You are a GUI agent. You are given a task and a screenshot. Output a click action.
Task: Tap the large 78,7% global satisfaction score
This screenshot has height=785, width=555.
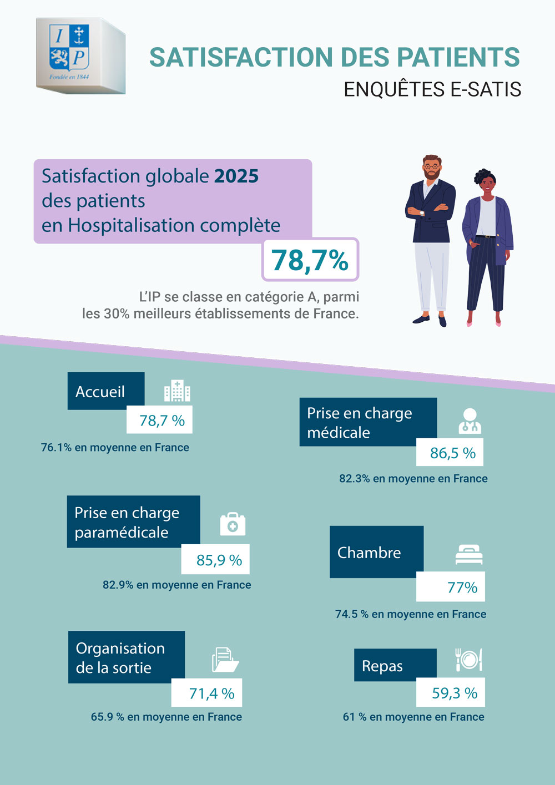pos(310,260)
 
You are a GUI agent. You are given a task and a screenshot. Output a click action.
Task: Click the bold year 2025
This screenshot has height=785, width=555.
pos(236,176)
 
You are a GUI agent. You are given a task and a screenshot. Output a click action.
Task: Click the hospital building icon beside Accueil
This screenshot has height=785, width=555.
pos(177,391)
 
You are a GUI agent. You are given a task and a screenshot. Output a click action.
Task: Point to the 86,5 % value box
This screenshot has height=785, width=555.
pos(450,453)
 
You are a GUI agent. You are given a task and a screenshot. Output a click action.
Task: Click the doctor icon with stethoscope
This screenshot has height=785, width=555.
pos(470,421)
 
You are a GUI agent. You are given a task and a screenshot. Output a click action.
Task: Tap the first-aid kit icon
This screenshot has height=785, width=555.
pos(233,524)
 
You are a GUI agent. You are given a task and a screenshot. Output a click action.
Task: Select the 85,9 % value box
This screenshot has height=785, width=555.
pos(216,560)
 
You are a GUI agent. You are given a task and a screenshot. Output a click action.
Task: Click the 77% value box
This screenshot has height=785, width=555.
pos(451,587)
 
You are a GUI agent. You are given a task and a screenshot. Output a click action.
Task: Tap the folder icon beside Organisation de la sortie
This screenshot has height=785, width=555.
pos(225,660)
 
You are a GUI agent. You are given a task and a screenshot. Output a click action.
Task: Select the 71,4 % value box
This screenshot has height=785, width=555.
pos(206,693)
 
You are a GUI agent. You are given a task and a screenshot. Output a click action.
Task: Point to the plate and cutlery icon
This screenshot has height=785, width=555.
pos(468,659)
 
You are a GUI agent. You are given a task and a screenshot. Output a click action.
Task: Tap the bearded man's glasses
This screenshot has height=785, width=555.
pos(432,166)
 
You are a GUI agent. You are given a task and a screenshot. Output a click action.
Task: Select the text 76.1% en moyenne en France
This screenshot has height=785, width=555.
pos(115,448)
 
